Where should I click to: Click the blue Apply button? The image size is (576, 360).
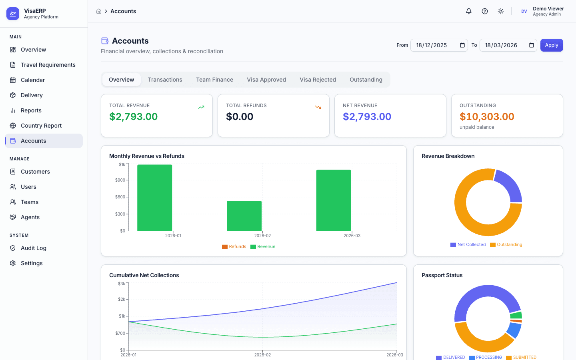pyautogui.click(x=551, y=45)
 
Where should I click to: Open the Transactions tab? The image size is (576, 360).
pyautogui.click(x=165, y=80)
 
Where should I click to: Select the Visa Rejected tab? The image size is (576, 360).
pyautogui.click(x=318, y=80)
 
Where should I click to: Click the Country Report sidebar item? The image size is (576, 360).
pyautogui.click(x=41, y=126)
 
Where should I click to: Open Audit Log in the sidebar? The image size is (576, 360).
pyautogui.click(x=34, y=248)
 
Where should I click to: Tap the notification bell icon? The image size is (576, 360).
pyautogui.click(x=468, y=11)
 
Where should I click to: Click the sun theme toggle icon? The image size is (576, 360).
pyautogui.click(x=500, y=11)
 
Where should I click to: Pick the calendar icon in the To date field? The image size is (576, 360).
pyautogui.click(x=531, y=45)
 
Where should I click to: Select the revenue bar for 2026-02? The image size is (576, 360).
pyautogui.click(x=244, y=216)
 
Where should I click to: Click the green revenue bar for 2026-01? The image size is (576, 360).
pyautogui.click(x=154, y=198)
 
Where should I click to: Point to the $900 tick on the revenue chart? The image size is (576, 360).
pyautogui.click(x=120, y=180)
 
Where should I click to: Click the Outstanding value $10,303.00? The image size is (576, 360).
pyautogui.click(x=487, y=116)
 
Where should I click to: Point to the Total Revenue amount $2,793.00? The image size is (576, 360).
pyautogui.click(x=133, y=116)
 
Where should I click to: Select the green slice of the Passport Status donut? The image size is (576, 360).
pyautogui.click(x=516, y=315)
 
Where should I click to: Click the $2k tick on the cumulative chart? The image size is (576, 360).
pyautogui.click(x=122, y=299)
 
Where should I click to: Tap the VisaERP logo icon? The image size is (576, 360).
pyautogui.click(x=13, y=14)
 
